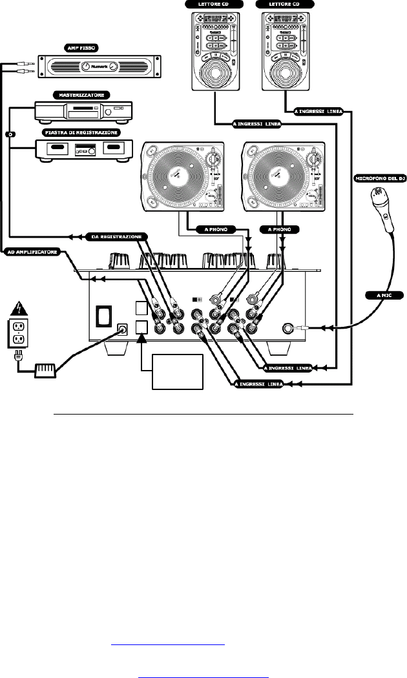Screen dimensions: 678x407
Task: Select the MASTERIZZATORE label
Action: pos(73,94)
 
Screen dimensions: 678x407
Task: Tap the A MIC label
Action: pos(376,295)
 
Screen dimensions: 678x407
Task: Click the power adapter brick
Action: pos(45,371)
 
